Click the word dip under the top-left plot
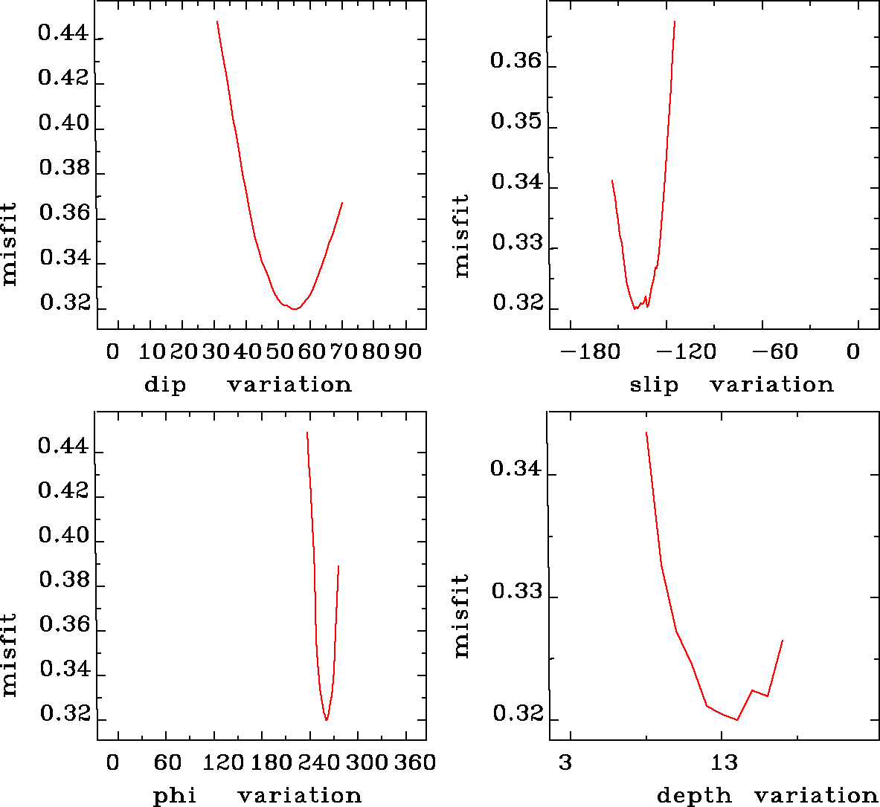(165, 385)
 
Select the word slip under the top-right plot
(654, 385)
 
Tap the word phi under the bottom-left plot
(175, 797)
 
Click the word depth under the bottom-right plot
(694, 797)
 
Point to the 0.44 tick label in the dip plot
(63, 34)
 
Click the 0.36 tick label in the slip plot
(516, 60)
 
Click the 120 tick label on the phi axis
(222, 762)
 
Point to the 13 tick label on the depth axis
(724, 762)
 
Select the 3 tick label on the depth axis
(566, 762)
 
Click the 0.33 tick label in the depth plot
(516, 592)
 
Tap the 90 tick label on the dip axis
(408, 351)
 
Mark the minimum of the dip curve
(295, 308)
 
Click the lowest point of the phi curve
(326, 720)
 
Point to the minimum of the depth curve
(736, 719)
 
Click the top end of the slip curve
(674, 22)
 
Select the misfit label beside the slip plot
(462, 236)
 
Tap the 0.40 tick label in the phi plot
(63, 536)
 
